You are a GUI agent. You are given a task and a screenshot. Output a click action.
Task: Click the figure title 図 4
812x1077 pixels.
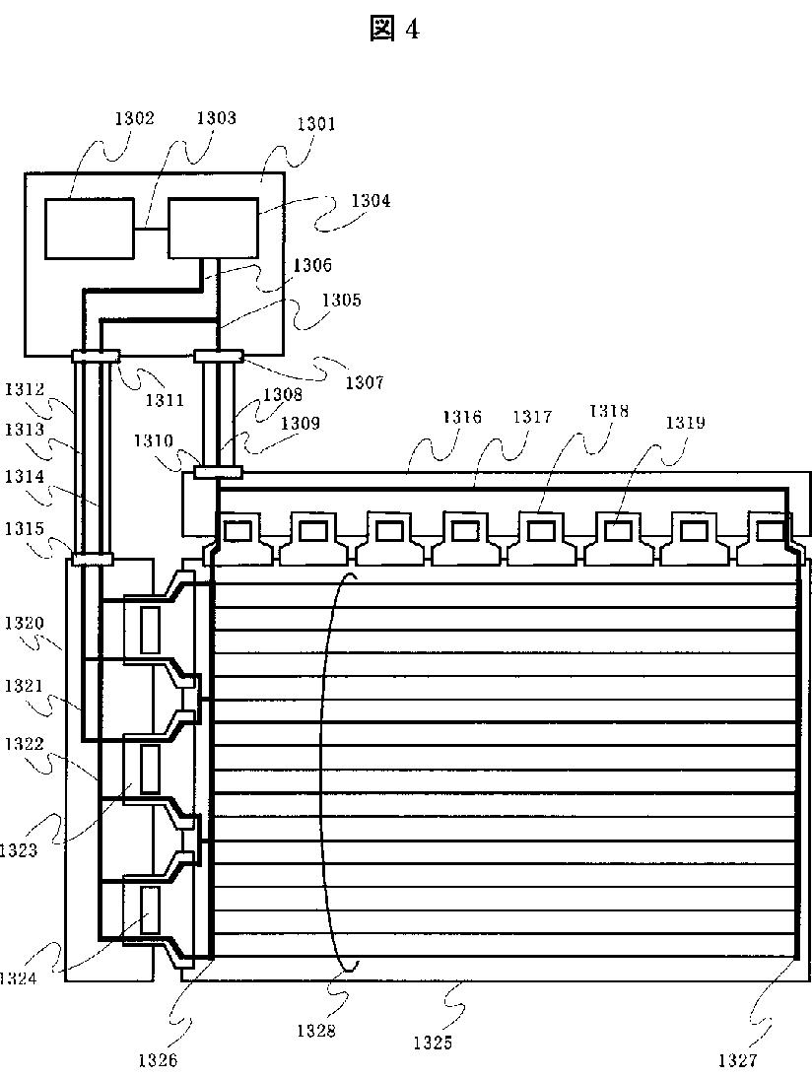point(394,29)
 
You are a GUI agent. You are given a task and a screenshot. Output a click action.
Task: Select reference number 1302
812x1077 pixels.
point(134,118)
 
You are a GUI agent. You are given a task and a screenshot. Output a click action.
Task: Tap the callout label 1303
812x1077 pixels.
point(217,118)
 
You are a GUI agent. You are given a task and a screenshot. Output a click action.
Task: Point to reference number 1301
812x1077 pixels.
point(316,123)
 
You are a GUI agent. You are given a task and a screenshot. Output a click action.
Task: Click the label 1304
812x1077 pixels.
point(371,201)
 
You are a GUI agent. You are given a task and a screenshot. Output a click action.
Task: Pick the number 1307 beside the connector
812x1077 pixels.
point(364,382)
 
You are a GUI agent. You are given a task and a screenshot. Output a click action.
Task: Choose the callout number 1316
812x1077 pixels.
point(461,417)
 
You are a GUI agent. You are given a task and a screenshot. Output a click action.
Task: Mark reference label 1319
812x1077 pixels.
point(685,423)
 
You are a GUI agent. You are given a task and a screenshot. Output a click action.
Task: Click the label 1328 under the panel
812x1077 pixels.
point(316,1031)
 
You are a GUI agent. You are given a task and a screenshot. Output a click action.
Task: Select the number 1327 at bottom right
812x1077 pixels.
point(737,1060)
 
